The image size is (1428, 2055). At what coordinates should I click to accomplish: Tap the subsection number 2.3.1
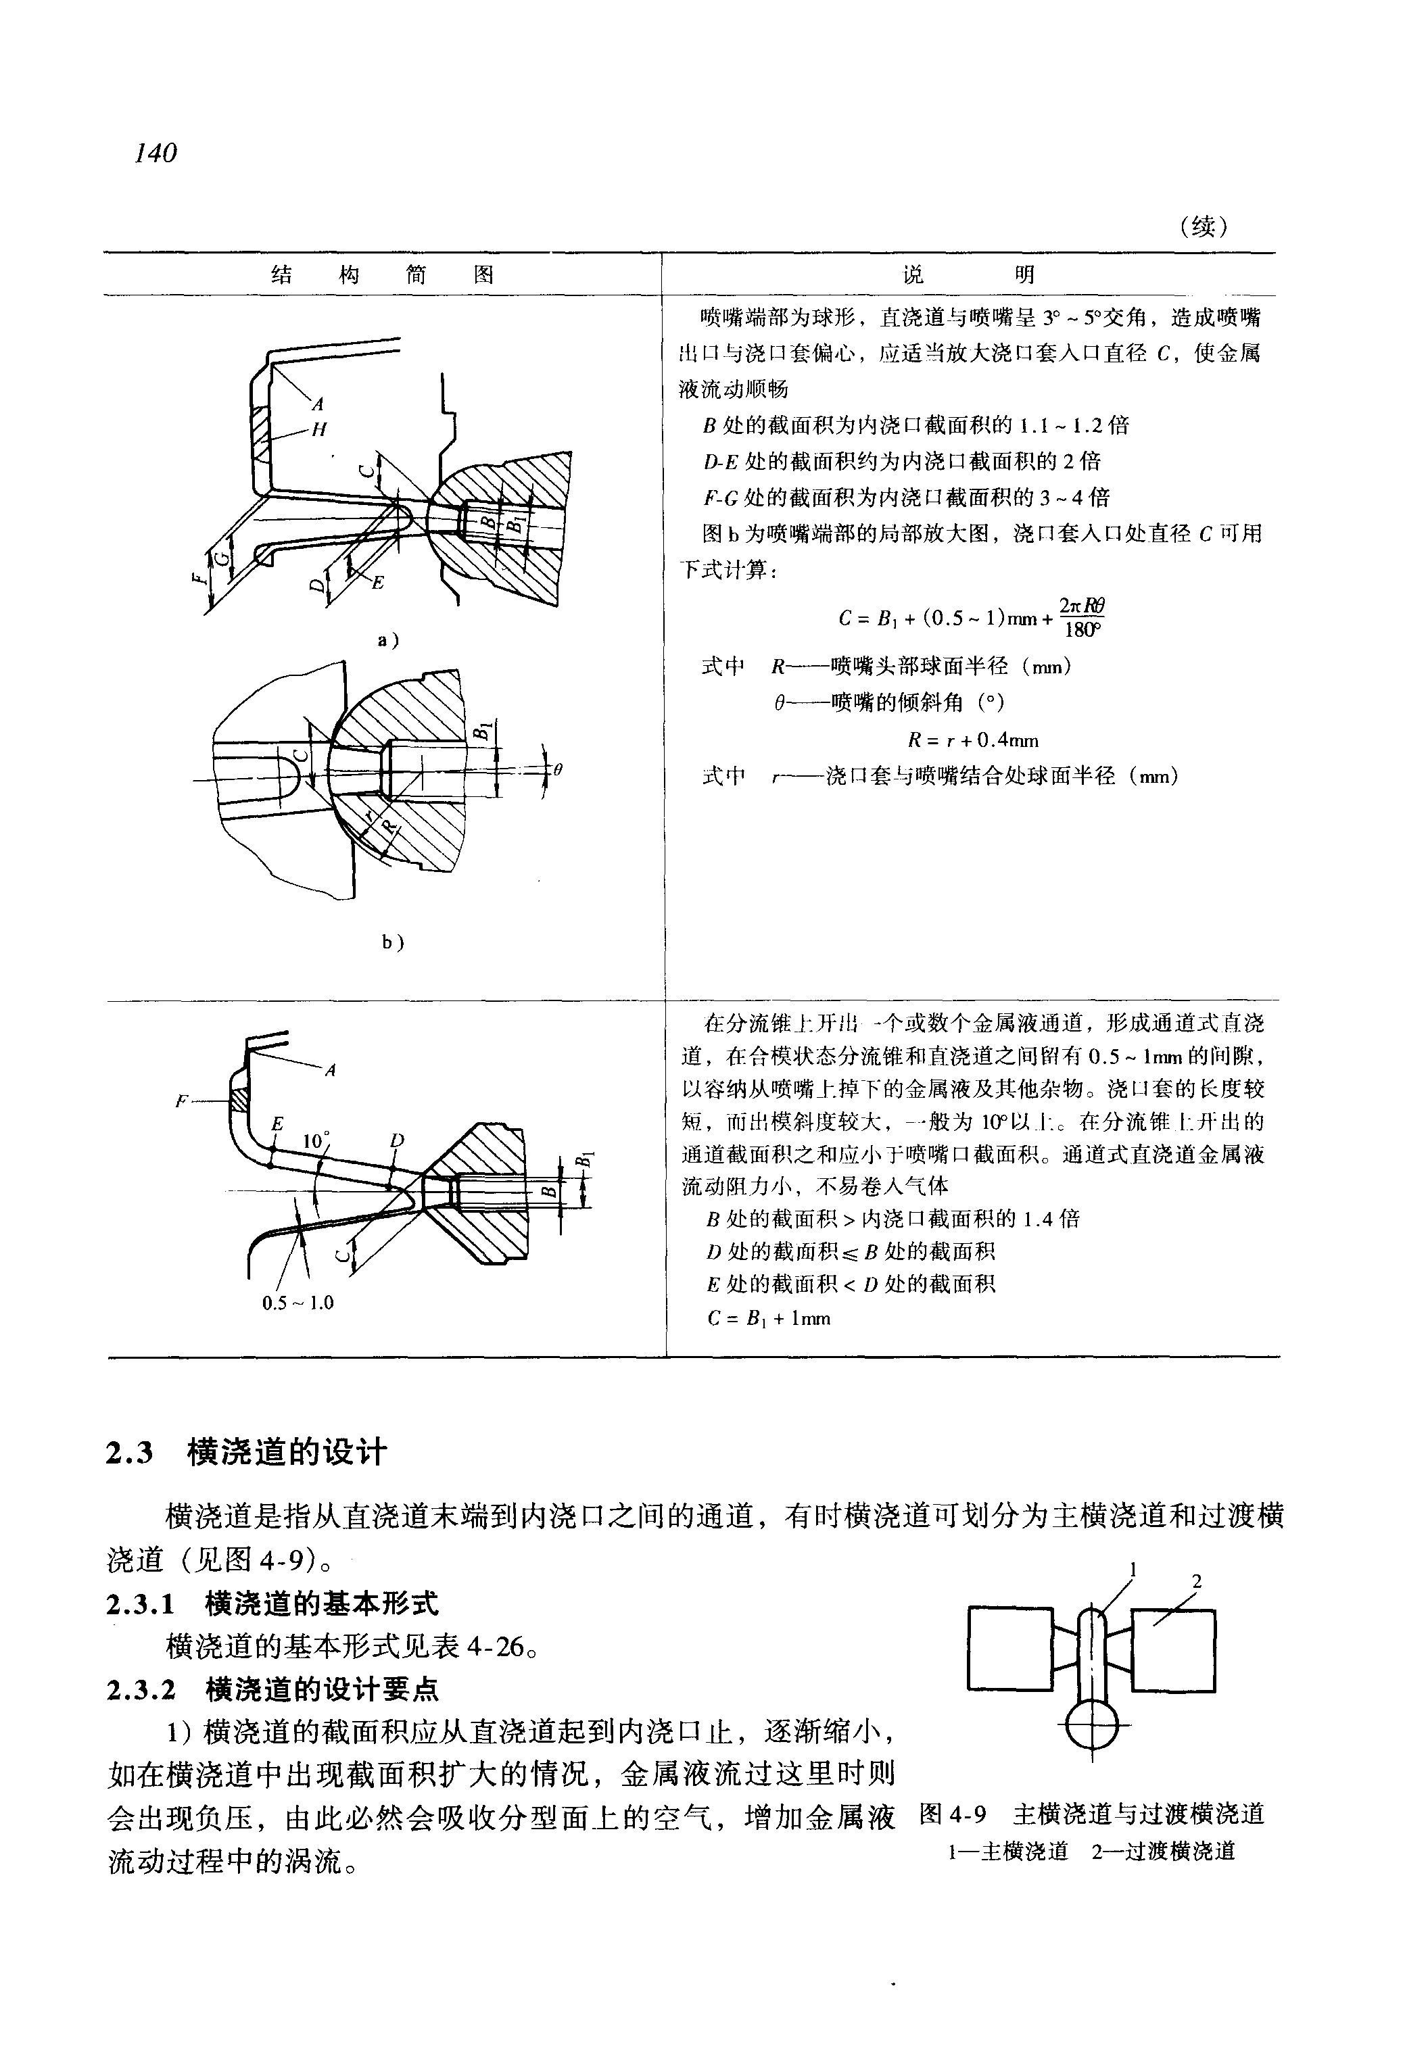[139, 1604]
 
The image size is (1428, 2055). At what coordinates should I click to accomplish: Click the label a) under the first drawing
[387, 639]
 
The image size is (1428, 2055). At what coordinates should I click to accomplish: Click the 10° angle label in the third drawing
[316, 1140]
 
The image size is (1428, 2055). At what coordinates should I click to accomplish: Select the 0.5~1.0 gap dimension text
[298, 1303]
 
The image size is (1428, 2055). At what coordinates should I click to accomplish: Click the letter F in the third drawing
[183, 1101]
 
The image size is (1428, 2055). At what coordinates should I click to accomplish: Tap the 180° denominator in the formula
[1081, 630]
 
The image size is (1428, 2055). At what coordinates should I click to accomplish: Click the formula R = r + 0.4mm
[972, 740]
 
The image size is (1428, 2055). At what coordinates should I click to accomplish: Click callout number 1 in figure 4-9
[1133, 1569]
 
